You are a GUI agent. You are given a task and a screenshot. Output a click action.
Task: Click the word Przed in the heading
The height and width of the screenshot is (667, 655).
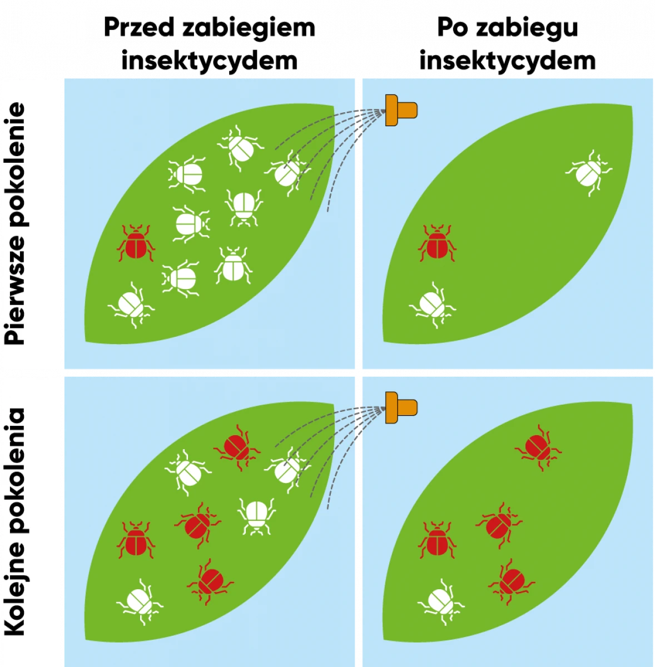(139, 28)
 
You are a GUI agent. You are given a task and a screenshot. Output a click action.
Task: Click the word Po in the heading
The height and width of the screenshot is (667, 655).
(451, 28)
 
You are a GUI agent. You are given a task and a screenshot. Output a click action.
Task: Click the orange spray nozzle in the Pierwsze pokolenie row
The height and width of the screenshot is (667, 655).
(401, 110)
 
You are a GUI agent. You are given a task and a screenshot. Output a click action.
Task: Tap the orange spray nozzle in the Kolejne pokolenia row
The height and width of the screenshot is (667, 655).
(401, 408)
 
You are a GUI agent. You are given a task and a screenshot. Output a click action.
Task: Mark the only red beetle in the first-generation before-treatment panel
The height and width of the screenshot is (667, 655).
(136, 243)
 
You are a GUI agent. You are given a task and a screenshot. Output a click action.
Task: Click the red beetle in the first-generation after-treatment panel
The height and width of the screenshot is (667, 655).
(437, 243)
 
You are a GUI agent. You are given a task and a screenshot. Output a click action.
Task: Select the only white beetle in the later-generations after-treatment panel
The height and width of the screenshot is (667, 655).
(441, 603)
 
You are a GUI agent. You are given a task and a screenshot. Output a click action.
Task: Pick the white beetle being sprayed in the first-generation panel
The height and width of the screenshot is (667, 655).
(287, 173)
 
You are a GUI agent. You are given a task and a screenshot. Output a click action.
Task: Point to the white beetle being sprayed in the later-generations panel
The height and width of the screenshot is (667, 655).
(287, 470)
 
